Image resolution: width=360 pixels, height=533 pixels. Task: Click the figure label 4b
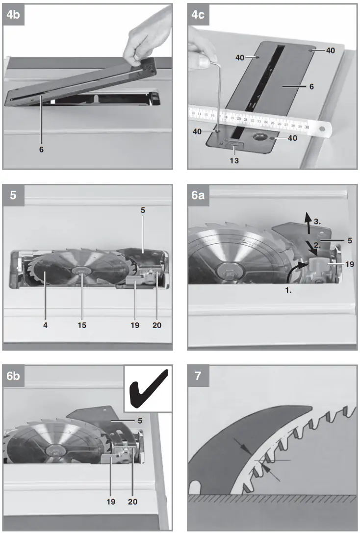[14, 15]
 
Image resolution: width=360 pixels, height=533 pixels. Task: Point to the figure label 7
[198, 376]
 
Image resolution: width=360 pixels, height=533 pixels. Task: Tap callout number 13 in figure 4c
[234, 161]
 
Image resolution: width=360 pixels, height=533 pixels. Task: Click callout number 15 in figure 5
[82, 325]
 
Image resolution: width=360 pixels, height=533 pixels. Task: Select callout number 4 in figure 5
[45, 325]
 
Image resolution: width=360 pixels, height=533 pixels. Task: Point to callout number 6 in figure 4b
[41, 150]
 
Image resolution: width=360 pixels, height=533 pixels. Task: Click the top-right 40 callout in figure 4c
[331, 51]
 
